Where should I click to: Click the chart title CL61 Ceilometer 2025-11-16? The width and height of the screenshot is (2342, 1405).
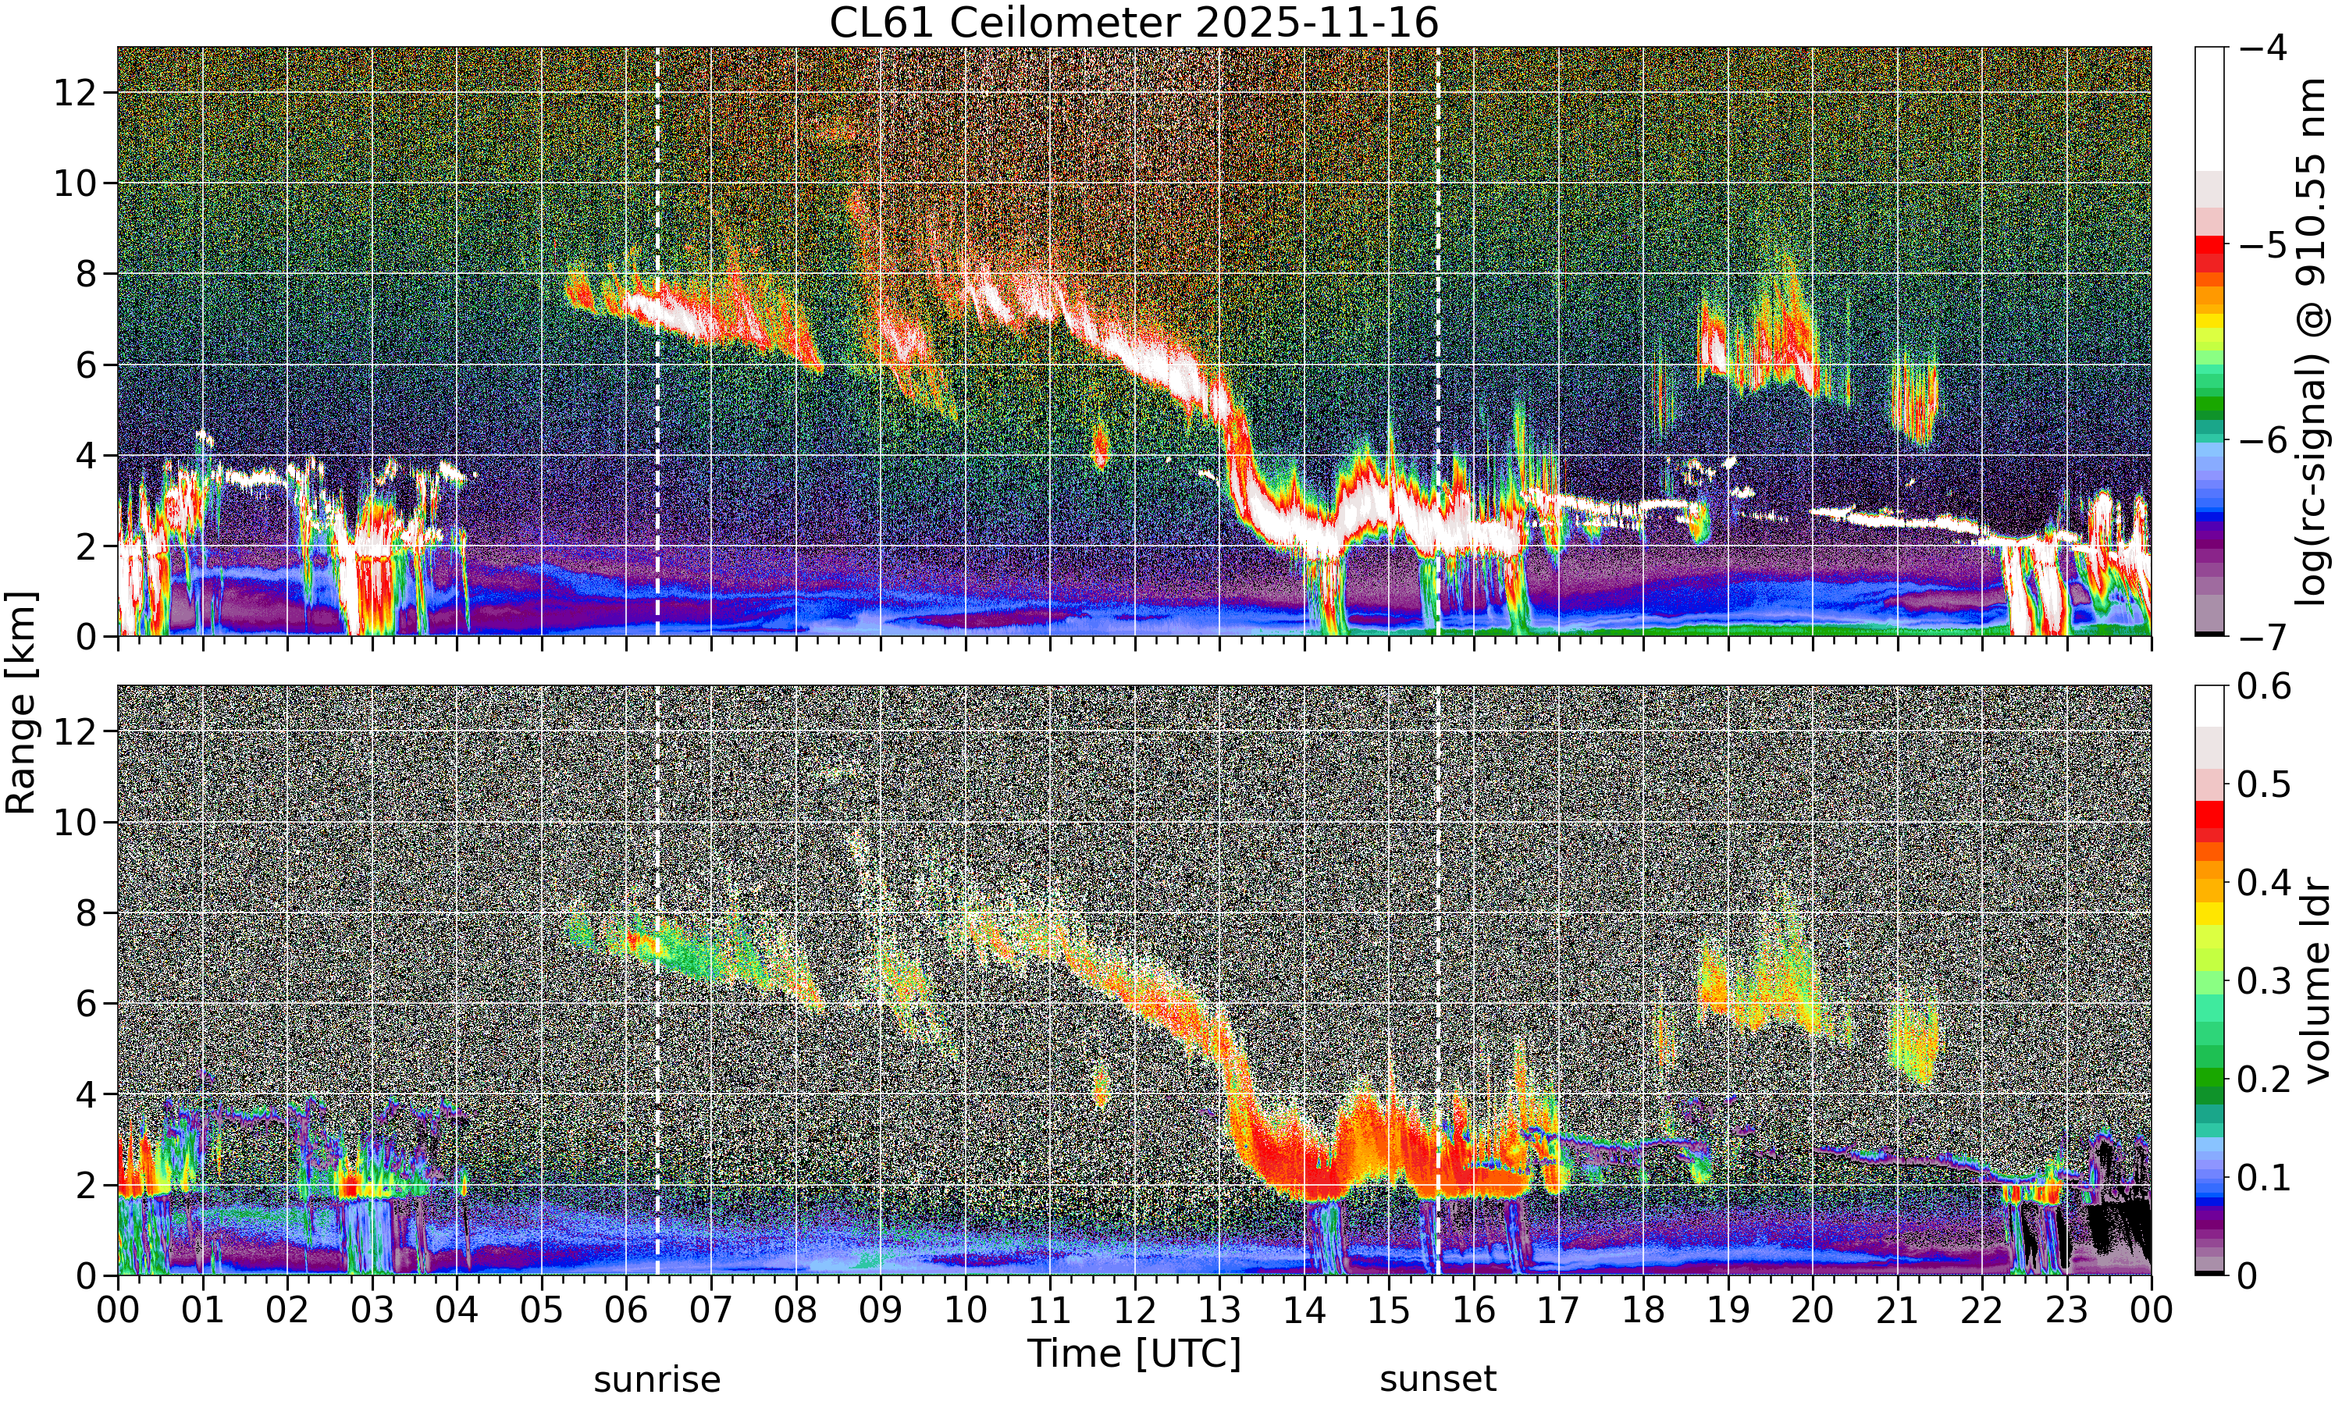click(x=1133, y=23)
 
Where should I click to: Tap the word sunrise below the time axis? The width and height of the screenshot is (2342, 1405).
click(x=657, y=1379)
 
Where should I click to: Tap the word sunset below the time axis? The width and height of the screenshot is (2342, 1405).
click(x=1438, y=1379)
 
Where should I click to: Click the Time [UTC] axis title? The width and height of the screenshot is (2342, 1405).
click(x=1133, y=1353)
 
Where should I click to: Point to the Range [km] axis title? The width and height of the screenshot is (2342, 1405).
click(x=21, y=702)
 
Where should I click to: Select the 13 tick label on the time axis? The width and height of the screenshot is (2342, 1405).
click(x=1219, y=1311)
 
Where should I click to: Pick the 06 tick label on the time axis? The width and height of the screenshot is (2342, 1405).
click(x=626, y=1311)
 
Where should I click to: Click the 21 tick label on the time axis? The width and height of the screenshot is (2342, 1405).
click(x=1897, y=1311)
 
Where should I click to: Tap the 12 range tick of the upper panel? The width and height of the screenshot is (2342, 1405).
click(x=75, y=93)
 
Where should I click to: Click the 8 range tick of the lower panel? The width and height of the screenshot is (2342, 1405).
click(x=87, y=912)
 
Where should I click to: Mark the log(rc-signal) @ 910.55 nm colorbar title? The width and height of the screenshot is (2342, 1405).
click(x=2311, y=342)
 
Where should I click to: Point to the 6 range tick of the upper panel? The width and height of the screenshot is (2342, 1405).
click(x=87, y=365)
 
